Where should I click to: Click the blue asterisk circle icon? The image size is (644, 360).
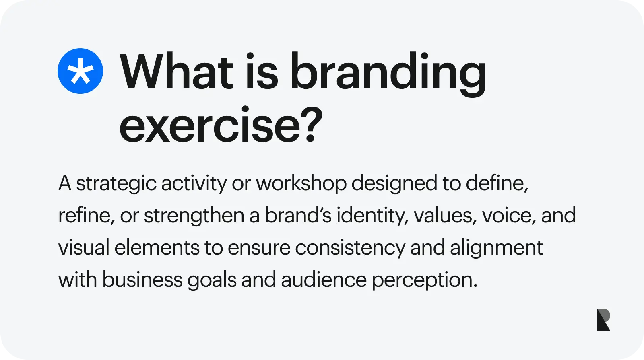(x=80, y=71)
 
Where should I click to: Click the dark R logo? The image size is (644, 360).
(x=603, y=320)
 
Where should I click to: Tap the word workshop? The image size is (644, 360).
(x=301, y=183)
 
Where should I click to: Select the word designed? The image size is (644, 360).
(x=394, y=184)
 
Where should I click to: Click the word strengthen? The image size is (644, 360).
(x=194, y=216)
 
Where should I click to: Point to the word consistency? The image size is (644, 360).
(x=350, y=248)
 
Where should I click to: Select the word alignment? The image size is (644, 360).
(x=496, y=248)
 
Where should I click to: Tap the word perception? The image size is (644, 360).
(x=424, y=280)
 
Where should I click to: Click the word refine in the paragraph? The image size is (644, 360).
(x=84, y=216)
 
